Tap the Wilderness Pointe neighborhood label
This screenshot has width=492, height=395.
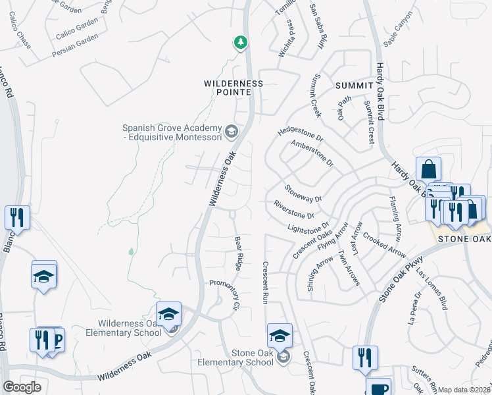[233, 88]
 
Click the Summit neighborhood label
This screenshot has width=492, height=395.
[354, 86]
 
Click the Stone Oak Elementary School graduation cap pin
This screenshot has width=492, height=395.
[280, 336]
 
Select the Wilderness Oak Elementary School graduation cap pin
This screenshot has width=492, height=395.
[168, 313]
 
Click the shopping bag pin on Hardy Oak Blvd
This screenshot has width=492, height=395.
[428, 169]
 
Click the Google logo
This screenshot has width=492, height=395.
[22, 387]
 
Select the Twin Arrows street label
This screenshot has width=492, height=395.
[349, 267]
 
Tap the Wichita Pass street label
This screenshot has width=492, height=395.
[283, 39]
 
